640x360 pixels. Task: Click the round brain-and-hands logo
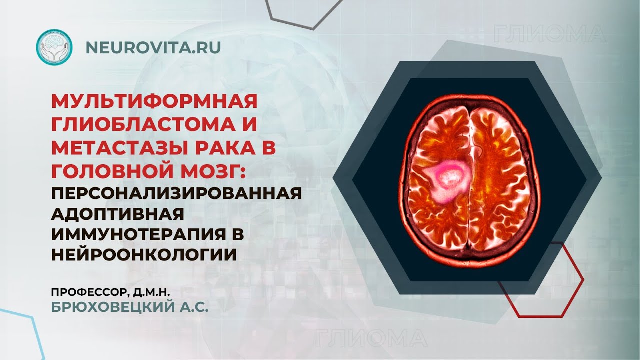point(54,48)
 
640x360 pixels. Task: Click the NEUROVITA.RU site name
point(153,47)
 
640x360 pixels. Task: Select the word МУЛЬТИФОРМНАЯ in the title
point(154,102)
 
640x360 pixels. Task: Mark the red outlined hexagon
point(541,280)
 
